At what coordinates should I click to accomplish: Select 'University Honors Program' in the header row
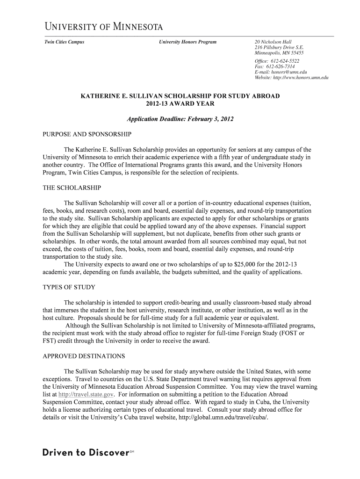(x=187, y=42)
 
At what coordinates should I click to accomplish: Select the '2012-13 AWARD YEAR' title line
(x=180, y=103)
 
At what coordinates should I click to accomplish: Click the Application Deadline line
(x=180, y=119)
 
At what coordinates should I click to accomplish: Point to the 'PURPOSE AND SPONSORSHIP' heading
(x=87, y=134)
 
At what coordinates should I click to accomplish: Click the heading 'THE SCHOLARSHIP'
(x=72, y=188)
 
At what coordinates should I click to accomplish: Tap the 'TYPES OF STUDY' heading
(x=69, y=287)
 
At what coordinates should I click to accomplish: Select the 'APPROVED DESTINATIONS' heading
(x=84, y=356)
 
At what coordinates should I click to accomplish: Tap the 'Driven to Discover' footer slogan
(x=86, y=453)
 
